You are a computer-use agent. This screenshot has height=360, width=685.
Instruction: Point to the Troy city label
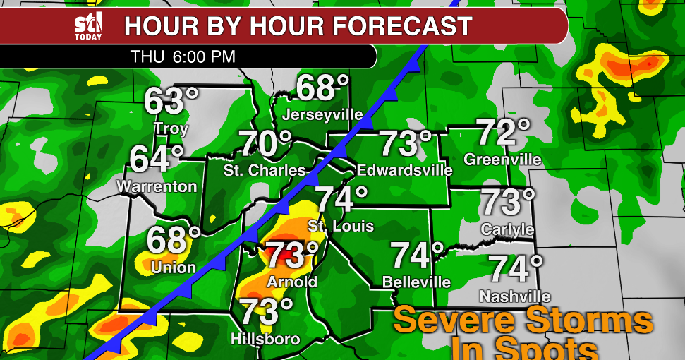tap(171, 129)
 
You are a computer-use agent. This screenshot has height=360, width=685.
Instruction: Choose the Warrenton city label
tap(156, 187)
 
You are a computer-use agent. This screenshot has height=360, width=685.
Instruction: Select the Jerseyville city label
tap(322, 114)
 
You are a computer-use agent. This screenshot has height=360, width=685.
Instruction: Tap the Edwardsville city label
tap(405, 170)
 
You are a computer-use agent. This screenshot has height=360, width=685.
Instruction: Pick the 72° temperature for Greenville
tap(503, 133)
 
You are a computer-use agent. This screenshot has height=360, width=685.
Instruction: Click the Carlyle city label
tap(507, 230)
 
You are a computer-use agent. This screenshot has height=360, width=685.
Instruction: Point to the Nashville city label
tap(514, 296)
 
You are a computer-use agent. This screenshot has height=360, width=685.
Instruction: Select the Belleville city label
tap(416, 282)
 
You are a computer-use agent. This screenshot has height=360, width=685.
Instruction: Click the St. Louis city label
tap(341, 227)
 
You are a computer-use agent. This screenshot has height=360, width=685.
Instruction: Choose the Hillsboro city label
tap(265, 340)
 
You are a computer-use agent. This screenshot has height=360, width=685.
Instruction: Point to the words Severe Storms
tap(523, 320)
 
